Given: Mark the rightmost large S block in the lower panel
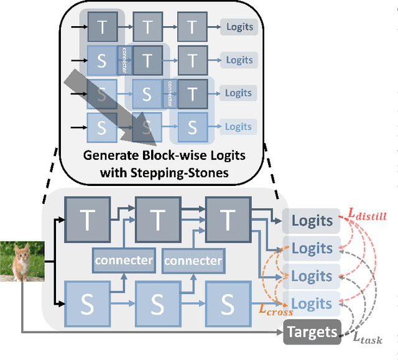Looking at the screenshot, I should point(229,303).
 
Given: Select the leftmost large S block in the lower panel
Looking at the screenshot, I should point(88,303).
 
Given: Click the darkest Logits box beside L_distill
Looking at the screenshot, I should point(312,221).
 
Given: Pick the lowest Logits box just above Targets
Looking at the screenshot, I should point(312,303).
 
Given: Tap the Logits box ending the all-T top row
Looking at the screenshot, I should point(239,27).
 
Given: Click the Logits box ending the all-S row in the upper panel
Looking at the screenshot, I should point(239,127).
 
